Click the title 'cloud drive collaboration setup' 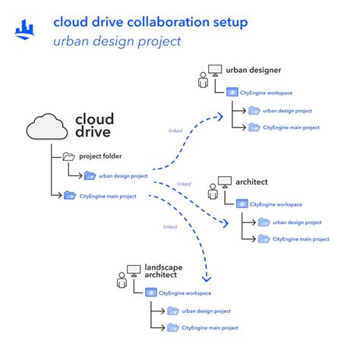coord(150,22)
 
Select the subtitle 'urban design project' coord(117,41)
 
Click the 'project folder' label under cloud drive coord(101,156)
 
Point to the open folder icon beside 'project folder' coord(69,156)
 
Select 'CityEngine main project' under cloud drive coord(108,196)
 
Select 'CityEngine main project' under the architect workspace coord(301,238)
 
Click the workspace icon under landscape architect coord(150,292)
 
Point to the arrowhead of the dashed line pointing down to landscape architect coord(208,279)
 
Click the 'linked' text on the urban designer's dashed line coord(175,131)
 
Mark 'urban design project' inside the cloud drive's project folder coord(124,175)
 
